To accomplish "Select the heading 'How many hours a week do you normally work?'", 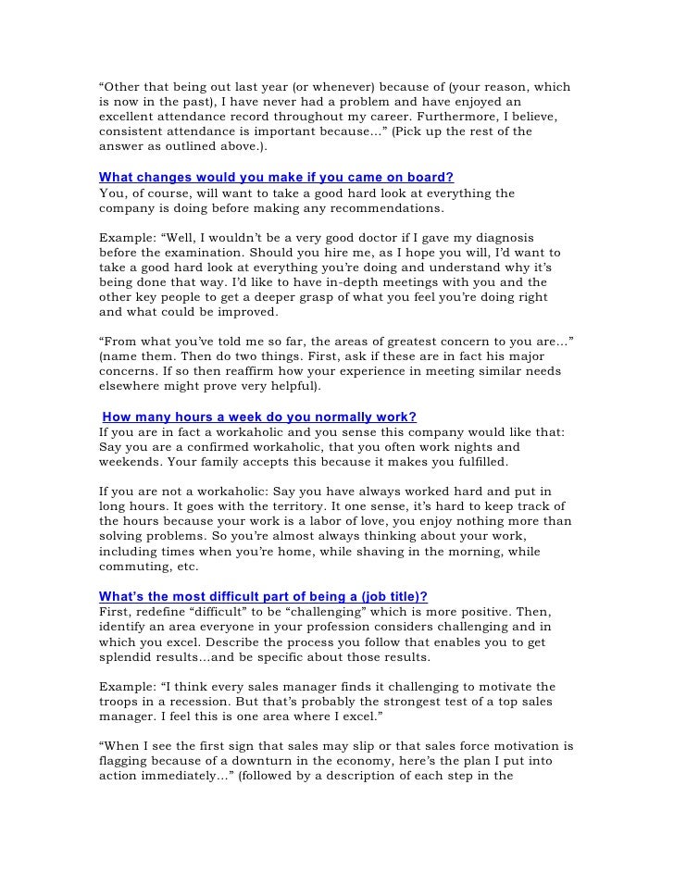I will click(259, 417).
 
